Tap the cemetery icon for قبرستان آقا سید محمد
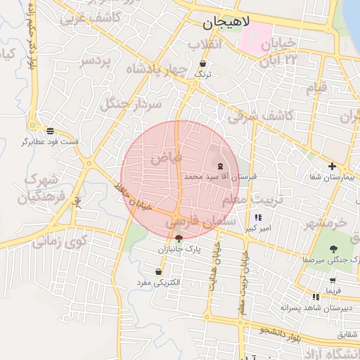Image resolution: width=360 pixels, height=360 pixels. pyautogui.click(x=221, y=166)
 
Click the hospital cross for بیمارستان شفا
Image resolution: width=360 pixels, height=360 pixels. pyautogui.click(x=332, y=166)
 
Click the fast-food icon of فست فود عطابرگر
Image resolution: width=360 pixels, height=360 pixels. pyautogui.click(x=50, y=130)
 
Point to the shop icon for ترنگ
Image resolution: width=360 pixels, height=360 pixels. pyautogui.click(x=203, y=63)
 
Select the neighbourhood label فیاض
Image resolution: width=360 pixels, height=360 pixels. pyautogui.click(x=166, y=158)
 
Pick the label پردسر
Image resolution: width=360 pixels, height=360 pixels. pyautogui.click(x=96, y=61)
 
